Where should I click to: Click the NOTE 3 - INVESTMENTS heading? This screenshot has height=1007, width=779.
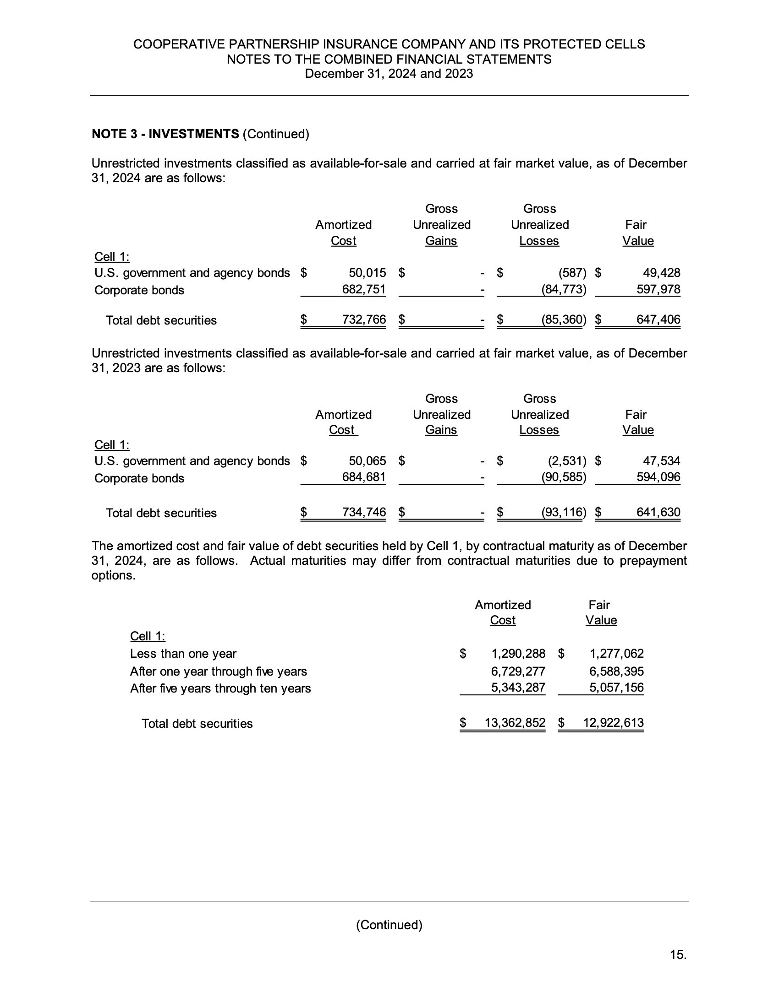[x=165, y=134]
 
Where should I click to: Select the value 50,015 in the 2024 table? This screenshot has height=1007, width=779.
[x=367, y=273]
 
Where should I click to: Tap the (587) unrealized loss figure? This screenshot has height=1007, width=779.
[x=572, y=273]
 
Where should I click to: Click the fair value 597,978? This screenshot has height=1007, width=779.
[x=658, y=290]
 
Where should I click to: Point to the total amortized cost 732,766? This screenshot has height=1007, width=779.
[x=364, y=319]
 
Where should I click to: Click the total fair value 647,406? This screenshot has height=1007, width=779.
[x=658, y=319]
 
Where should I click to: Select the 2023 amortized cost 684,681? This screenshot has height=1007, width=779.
[x=364, y=477]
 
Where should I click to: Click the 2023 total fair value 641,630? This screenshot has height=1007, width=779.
[x=658, y=512]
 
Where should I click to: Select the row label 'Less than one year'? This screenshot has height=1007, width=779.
[x=183, y=654]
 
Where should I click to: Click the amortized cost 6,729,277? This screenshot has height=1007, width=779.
[x=518, y=671]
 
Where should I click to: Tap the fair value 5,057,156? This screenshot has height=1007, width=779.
[x=616, y=688]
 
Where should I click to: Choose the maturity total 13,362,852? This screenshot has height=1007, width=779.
[x=515, y=723]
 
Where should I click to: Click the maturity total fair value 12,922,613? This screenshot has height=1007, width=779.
[x=613, y=723]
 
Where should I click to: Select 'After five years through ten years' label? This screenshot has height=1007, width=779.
[x=220, y=688]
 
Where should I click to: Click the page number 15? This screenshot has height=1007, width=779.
[x=678, y=955]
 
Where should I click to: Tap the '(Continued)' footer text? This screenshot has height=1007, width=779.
[x=389, y=925]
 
